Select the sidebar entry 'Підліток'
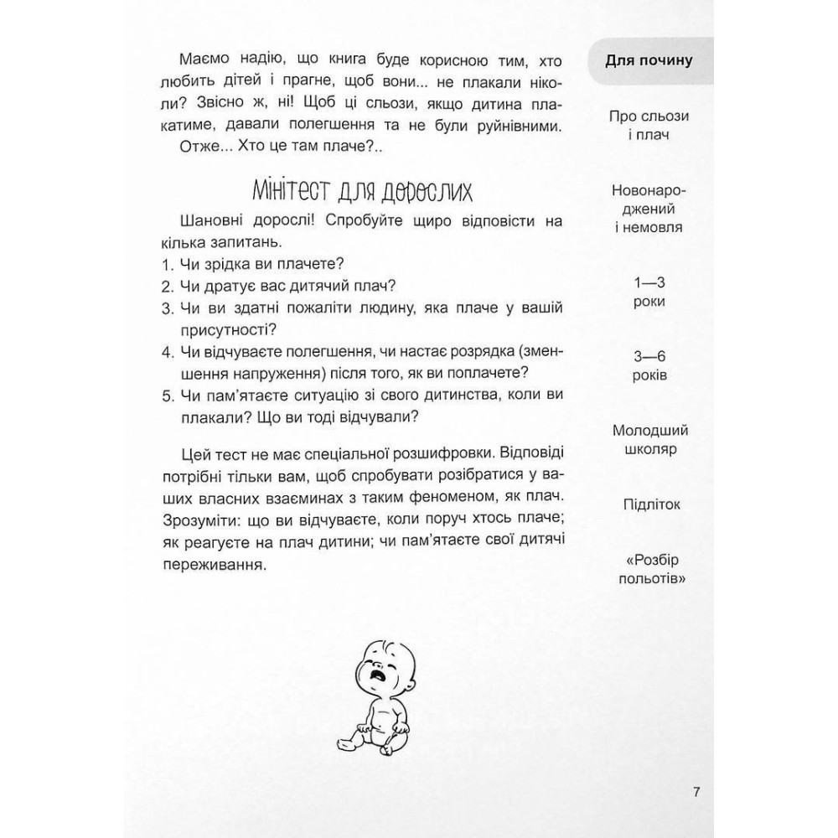652,504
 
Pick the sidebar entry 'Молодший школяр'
650,440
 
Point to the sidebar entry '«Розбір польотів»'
651,570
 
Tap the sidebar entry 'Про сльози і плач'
650,125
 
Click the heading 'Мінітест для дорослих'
362,190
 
